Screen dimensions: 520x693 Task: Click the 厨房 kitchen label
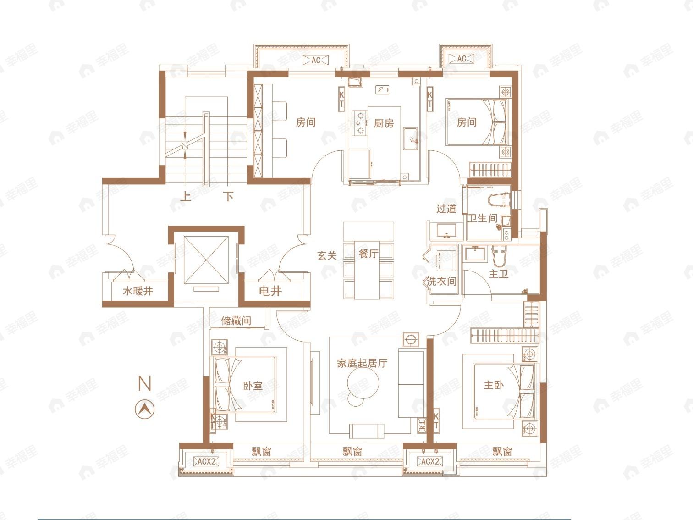pyautogui.click(x=384, y=123)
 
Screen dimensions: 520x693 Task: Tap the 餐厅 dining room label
pyautogui.click(x=368, y=254)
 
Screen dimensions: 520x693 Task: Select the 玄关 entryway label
pyautogui.click(x=327, y=255)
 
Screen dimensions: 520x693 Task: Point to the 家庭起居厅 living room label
pyautogui.click(x=362, y=364)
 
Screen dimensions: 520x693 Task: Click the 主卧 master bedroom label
pyautogui.click(x=494, y=385)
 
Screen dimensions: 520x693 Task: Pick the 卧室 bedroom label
pyautogui.click(x=253, y=386)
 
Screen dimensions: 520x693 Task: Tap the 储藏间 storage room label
pyautogui.click(x=236, y=321)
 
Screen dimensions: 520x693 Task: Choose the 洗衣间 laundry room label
pyautogui.click(x=441, y=282)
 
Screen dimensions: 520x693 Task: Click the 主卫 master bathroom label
pyautogui.click(x=498, y=274)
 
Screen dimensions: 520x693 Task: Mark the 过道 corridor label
pyautogui.click(x=446, y=209)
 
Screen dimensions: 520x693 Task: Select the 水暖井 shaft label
pyautogui.click(x=137, y=291)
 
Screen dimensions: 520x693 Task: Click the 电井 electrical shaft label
pyautogui.click(x=270, y=291)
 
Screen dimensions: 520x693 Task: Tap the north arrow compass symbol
pyautogui.click(x=145, y=408)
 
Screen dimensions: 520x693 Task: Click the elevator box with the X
pyautogui.click(x=206, y=260)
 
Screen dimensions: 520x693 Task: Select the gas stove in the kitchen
pyautogui.click(x=360, y=123)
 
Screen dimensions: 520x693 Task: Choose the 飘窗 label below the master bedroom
pyautogui.click(x=502, y=451)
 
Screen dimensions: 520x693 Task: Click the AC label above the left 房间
pyautogui.click(x=316, y=60)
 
